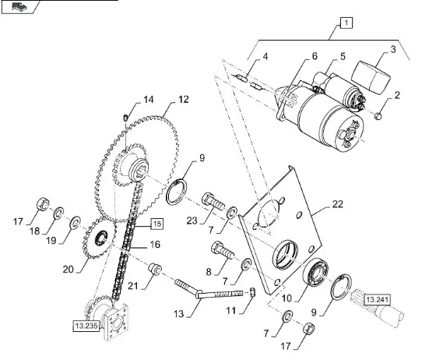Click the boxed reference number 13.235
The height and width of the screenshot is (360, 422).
[x=86, y=326]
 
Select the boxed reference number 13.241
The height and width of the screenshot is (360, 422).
[x=377, y=300]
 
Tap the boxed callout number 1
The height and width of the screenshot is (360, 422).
[x=346, y=23]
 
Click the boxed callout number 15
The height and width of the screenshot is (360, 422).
[x=157, y=224]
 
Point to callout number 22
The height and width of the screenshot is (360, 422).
[x=337, y=204]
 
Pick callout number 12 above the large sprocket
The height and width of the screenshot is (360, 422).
[x=184, y=100]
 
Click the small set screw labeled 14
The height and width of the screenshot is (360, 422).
[x=125, y=118]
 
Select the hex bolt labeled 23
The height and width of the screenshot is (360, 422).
[x=213, y=203]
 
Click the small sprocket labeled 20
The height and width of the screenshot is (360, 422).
[x=99, y=238]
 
